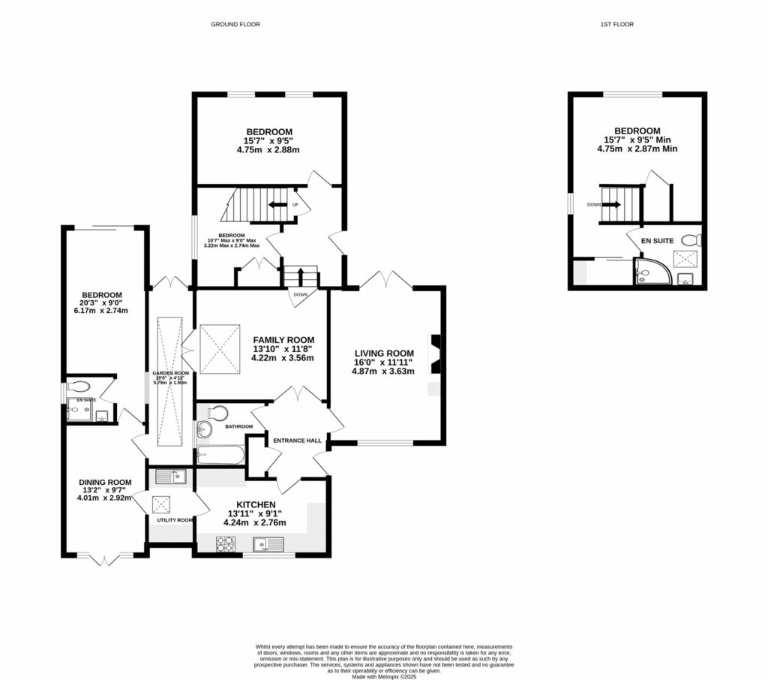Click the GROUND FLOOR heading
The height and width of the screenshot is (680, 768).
pyautogui.click(x=235, y=25)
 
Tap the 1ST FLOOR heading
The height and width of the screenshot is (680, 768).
pyautogui.click(x=616, y=25)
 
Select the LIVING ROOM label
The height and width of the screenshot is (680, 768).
pyautogui.click(x=384, y=353)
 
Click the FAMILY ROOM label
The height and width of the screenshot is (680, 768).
pyautogui.click(x=283, y=339)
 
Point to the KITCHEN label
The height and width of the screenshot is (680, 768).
pyautogui.click(x=256, y=504)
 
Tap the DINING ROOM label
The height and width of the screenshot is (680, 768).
pyautogui.click(x=105, y=483)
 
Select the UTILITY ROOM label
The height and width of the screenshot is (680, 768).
pyautogui.click(x=175, y=519)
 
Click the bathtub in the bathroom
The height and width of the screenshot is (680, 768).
pyautogui.click(x=220, y=455)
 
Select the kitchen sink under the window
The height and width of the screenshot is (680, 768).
pyautogui.click(x=268, y=544)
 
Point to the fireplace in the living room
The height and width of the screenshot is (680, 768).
pyautogui.click(x=435, y=353)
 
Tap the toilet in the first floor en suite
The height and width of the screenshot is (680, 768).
pyautogui.click(x=694, y=241)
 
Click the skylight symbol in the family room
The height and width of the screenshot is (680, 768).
pyautogui.click(x=219, y=348)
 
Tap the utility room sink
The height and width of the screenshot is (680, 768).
pyautogui.click(x=170, y=476)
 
